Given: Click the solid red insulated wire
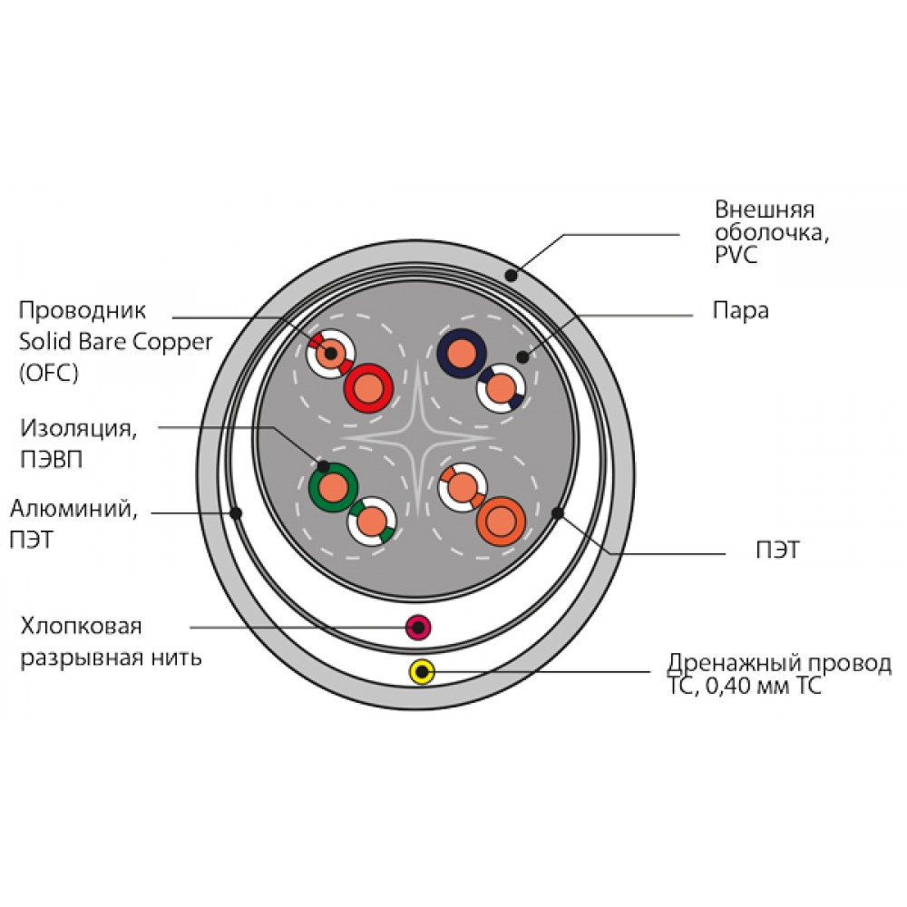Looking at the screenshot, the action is click(368, 388).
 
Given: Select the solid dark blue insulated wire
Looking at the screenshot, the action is click(462, 354).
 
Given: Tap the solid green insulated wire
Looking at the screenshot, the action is click(333, 488).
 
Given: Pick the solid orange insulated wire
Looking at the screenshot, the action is click(501, 522).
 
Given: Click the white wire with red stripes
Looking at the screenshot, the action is click(331, 354).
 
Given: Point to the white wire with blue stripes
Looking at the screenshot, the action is click(501, 388).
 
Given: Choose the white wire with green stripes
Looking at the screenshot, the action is click(371, 522).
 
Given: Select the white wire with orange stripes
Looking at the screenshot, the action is click(463, 488).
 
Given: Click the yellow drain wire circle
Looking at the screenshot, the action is click(423, 672).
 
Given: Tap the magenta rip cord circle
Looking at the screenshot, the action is click(418, 627).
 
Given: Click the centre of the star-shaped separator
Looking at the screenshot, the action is click(418, 438).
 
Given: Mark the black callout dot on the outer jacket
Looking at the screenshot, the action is click(511, 276).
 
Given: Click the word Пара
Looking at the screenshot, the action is click(740, 310).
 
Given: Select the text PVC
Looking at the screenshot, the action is click(736, 255).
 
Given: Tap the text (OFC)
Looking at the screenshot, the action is click(49, 373).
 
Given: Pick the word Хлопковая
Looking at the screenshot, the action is click(81, 627).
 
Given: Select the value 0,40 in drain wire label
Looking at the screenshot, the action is click(729, 686).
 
